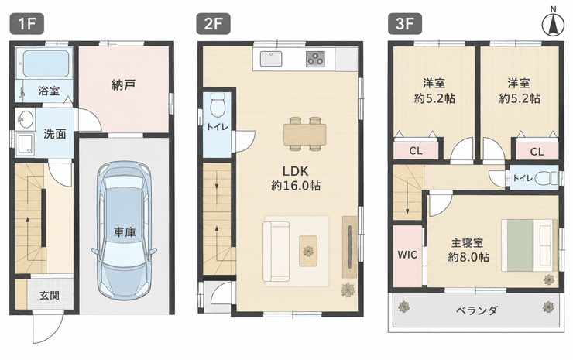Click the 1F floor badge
coord(26,23)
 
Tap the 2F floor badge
coord(214,23)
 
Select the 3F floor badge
coord(405,23)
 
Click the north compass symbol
coord(554,24)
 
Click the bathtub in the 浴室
coord(46,63)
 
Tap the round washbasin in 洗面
coord(26,119)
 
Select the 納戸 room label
coord(124,85)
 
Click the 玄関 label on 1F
coord(50,295)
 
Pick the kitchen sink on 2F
coord(271,59)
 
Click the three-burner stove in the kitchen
coord(315,59)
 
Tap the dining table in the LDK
coord(305,134)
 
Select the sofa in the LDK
coord(276,252)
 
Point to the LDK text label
coord(295,170)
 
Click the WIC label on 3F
coord(407,255)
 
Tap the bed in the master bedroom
coord(529,245)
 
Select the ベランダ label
coord(477,310)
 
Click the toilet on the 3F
coord(546,178)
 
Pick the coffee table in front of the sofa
coord(308,251)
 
